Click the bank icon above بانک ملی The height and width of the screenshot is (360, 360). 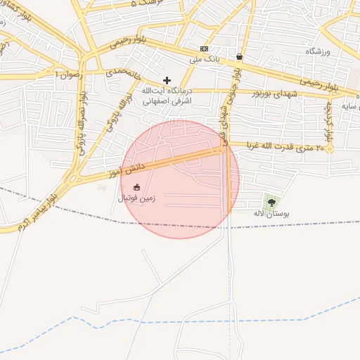pyautogui.click(x=204, y=49)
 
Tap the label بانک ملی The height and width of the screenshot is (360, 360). pyautogui.click(x=205, y=60)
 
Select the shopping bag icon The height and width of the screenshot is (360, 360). pyautogui.click(x=240, y=57)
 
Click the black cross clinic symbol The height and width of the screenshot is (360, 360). pyautogui.click(x=167, y=81)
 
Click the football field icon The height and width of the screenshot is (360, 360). pyautogui.click(x=136, y=187)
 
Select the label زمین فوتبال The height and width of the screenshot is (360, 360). pyautogui.click(x=136, y=198)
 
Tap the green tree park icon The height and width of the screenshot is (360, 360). pyautogui.click(x=272, y=202)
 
